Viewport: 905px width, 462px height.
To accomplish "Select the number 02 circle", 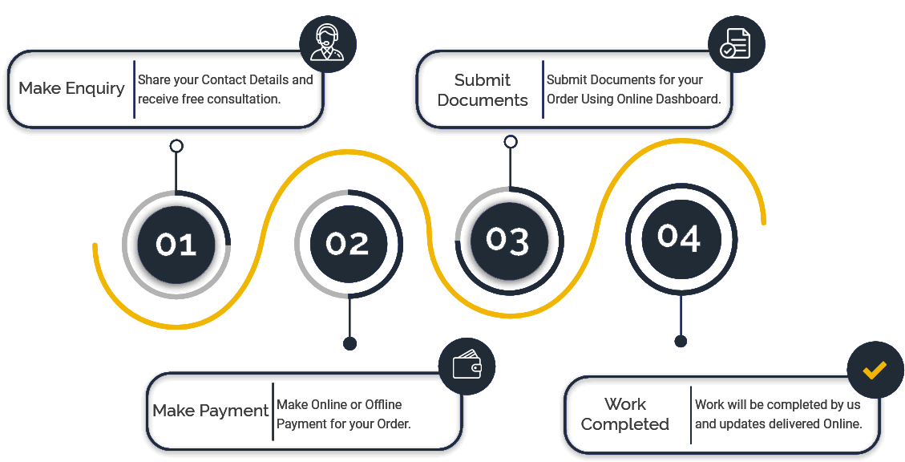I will click(x=348, y=244).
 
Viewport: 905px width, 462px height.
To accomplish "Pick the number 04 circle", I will click(x=680, y=237).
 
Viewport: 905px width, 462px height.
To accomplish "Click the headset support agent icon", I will click(x=327, y=43).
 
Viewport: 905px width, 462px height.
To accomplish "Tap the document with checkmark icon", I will click(x=736, y=44).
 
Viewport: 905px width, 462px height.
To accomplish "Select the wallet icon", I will click(x=467, y=367).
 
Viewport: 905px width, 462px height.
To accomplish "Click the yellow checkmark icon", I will click(x=875, y=370).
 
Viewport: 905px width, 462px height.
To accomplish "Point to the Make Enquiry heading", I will click(x=71, y=88).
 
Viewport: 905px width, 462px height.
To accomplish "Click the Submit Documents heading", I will click(x=483, y=90).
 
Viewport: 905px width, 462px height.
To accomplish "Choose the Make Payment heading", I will click(x=211, y=411).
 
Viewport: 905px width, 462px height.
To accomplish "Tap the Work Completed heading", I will click(x=625, y=414).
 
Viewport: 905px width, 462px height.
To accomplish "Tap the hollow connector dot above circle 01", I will click(x=176, y=147).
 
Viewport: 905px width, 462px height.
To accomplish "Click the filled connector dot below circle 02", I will click(x=349, y=344).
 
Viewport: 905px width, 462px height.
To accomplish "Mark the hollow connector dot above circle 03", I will click(x=511, y=142).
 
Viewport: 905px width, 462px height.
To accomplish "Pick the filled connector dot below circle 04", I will click(x=681, y=341).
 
